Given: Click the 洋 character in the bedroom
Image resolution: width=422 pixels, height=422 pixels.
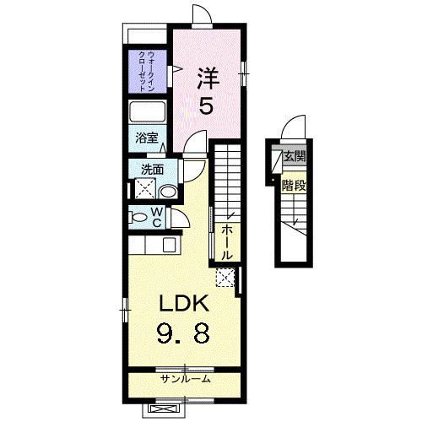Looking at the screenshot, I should [x=208, y=78].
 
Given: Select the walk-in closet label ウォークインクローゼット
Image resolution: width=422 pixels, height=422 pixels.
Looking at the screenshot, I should [x=149, y=71].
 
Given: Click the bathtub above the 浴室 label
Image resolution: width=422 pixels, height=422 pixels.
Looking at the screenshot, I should [x=149, y=114].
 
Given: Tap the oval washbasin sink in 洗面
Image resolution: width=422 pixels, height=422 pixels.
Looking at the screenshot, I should [x=167, y=192].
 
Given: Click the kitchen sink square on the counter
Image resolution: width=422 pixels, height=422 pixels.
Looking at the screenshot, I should [x=168, y=246].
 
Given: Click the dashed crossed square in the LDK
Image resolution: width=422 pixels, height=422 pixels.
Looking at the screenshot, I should [x=225, y=277].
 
